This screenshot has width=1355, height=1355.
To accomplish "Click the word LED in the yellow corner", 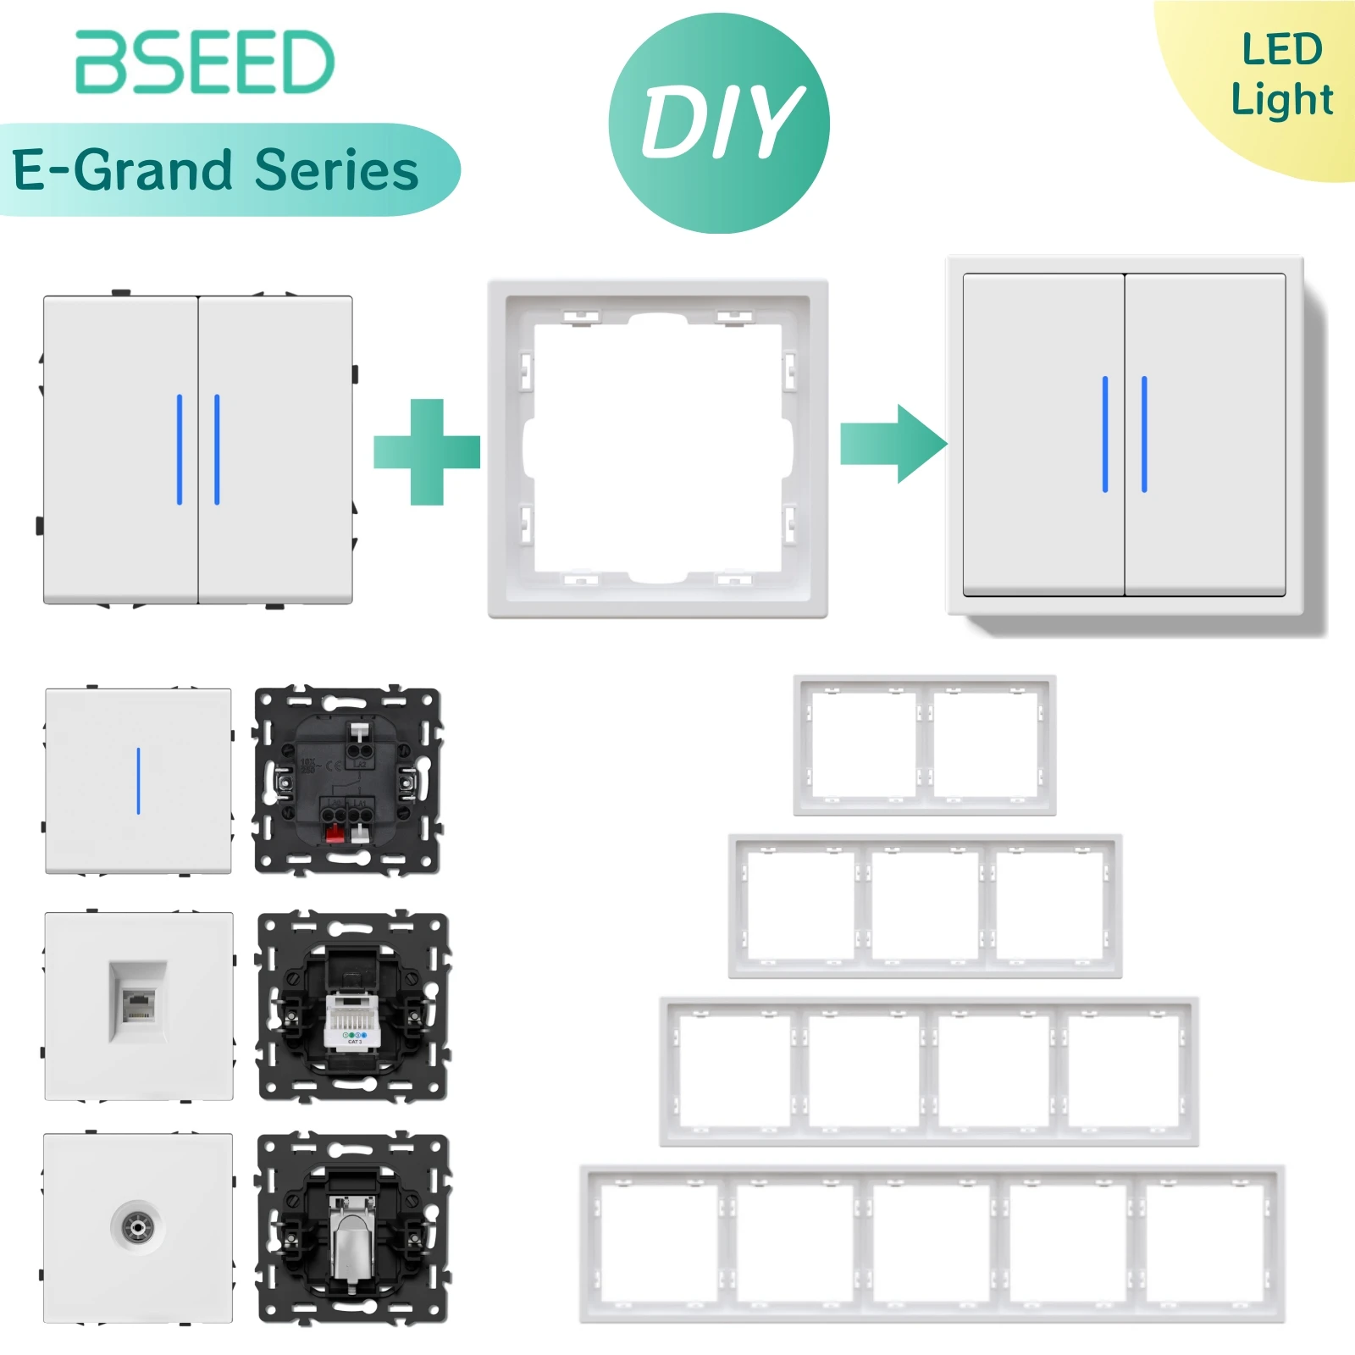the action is [x=1281, y=49].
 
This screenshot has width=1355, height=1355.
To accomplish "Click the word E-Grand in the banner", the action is [x=123, y=170].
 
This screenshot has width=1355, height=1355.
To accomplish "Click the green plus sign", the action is [x=427, y=451].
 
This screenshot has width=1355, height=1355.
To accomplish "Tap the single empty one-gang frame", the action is [x=658, y=449].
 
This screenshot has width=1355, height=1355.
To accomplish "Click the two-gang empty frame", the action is [x=925, y=745].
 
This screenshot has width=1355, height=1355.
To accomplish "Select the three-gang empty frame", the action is [x=925, y=906].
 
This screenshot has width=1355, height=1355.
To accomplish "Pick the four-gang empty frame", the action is [x=929, y=1071].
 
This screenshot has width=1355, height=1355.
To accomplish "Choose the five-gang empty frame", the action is [x=932, y=1243].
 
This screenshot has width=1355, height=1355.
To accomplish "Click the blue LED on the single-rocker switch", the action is [x=138, y=780].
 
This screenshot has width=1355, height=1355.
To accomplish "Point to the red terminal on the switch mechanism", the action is [x=335, y=834].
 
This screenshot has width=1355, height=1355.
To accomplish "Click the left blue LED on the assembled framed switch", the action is [x=1105, y=434].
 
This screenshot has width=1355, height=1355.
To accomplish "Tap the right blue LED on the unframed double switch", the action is [x=217, y=450].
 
